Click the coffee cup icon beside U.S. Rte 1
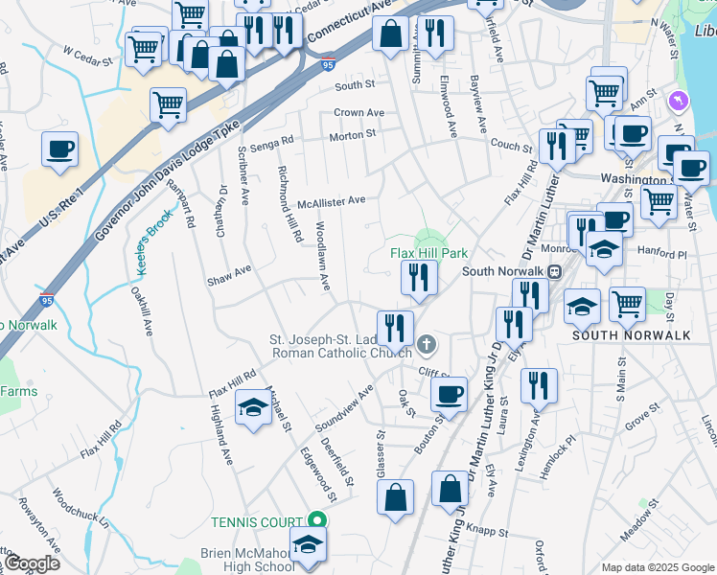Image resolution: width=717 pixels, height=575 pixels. click(x=59, y=150)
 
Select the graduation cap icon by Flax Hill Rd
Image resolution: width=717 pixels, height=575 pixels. click(x=252, y=410)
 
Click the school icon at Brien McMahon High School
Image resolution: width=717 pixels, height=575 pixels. click(x=307, y=544)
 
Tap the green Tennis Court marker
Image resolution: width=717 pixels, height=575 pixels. click(x=320, y=522)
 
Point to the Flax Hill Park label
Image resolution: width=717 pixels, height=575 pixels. click(x=428, y=253)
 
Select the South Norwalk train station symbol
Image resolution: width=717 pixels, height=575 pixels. click(x=554, y=271)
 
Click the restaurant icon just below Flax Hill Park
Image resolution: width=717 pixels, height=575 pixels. click(x=419, y=277)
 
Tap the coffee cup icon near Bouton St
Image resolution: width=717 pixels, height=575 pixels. click(x=448, y=393)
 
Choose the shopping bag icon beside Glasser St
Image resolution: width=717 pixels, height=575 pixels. click(x=395, y=497)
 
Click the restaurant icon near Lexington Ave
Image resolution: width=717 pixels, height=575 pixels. click(x=539, y=385)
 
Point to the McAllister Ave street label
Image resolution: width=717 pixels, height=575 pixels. click(x=331, y=201)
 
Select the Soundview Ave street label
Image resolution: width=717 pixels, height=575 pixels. click(x=342, y=408)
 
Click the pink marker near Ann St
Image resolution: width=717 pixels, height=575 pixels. click(x=679, y=100)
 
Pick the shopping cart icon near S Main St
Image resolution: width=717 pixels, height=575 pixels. click(x=627, y=304)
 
